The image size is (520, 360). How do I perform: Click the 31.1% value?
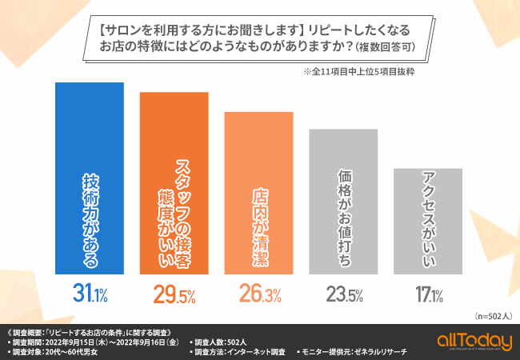click(88, 294)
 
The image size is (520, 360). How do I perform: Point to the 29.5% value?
click(174, 294)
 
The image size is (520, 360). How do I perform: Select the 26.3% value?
click(259, 294)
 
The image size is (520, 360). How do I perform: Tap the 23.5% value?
click(344, 294)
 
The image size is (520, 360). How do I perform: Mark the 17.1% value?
click(428, 294)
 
